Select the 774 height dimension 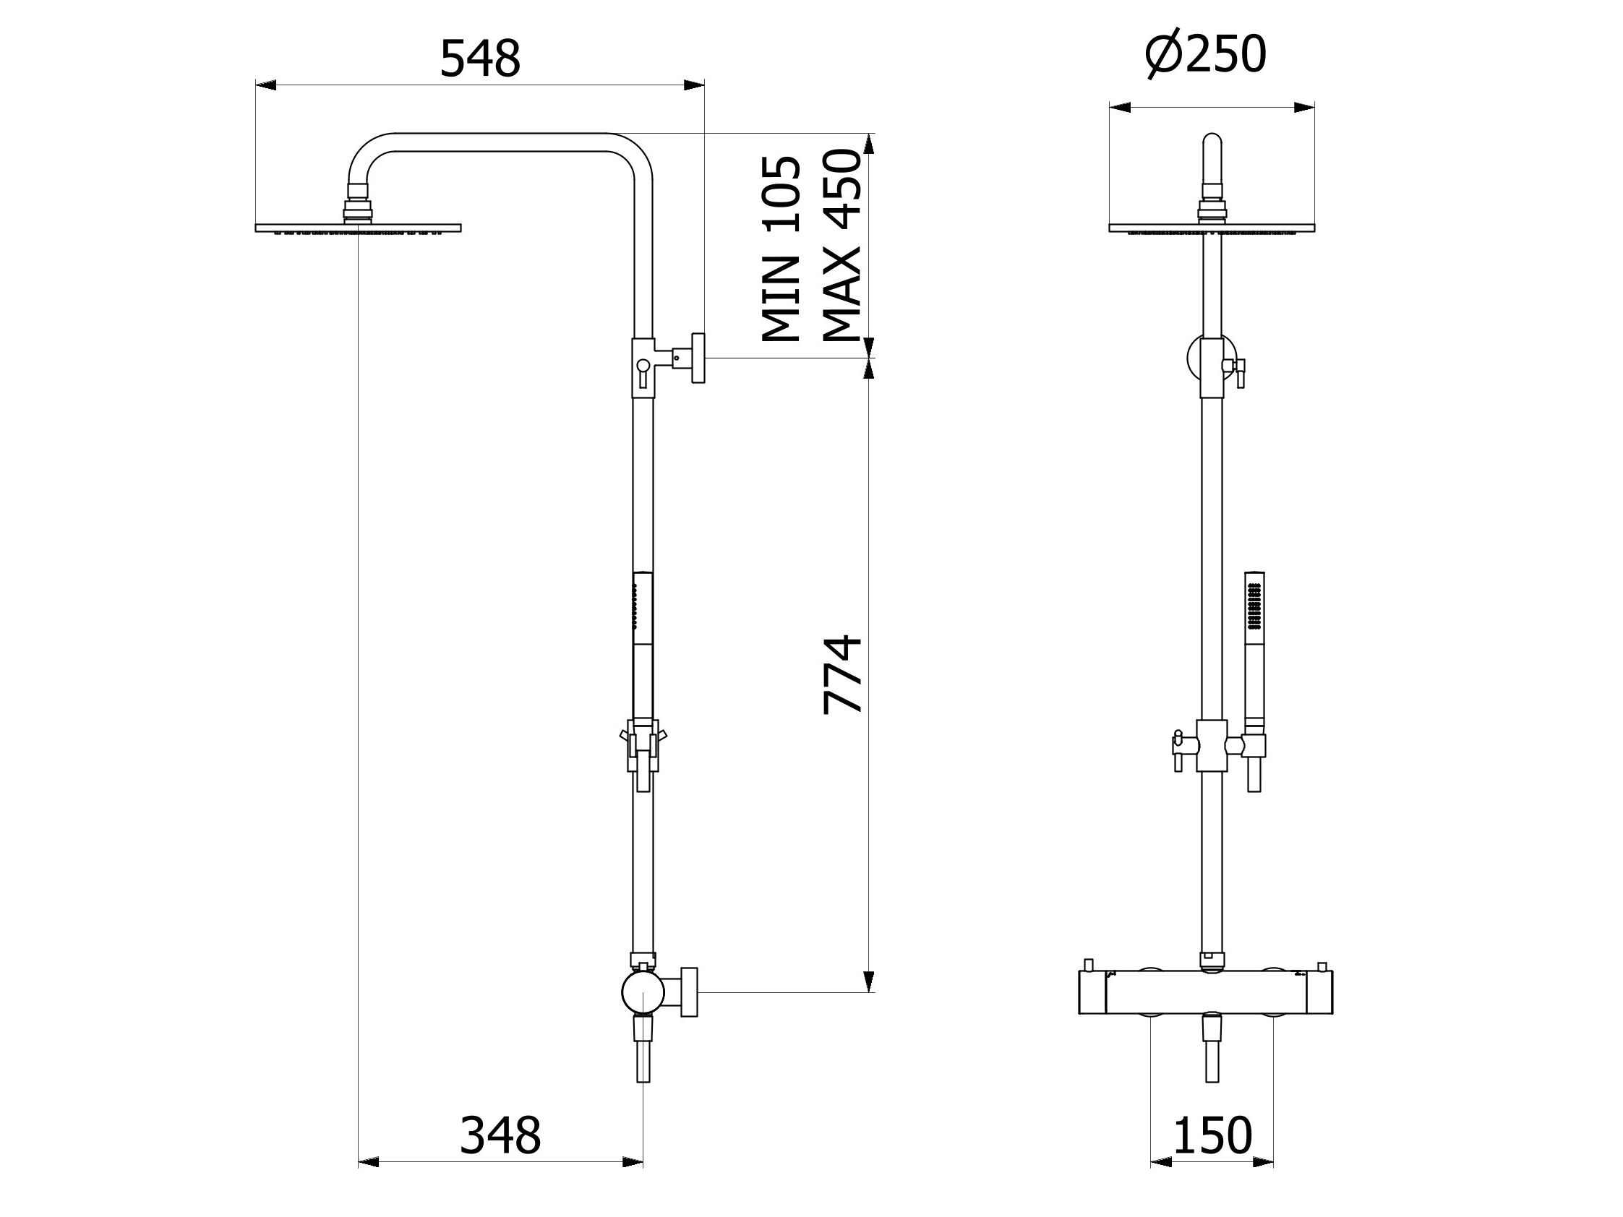[842, 674]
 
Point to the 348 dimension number [500, 1135]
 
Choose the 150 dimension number [1212, 1135]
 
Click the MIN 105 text [780, 249]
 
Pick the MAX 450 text [841, 246]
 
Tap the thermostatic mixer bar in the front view [1206, 993]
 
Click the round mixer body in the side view [643, 992]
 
